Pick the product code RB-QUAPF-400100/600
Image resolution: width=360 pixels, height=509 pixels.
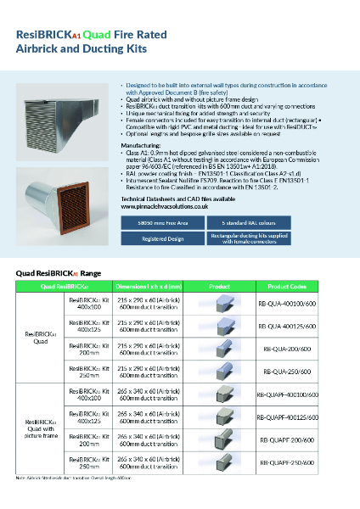289,394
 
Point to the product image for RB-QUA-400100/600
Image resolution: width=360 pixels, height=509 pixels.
217,302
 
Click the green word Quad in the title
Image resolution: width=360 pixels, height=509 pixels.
95,34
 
